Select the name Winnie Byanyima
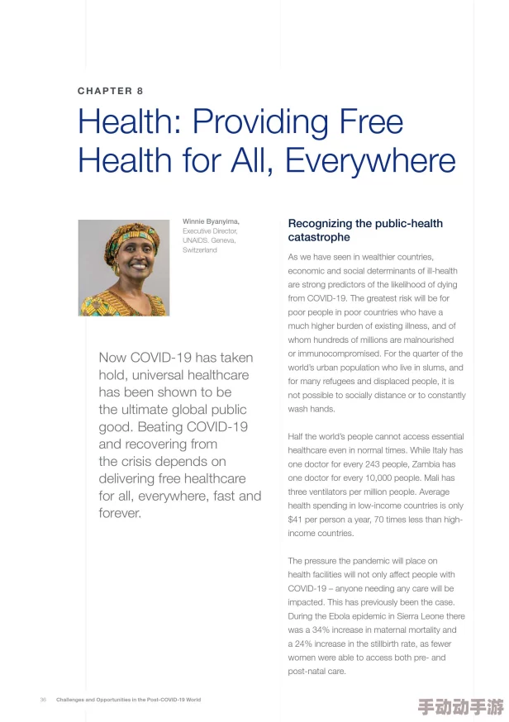(x=211, y=221)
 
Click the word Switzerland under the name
(x=199, y=249)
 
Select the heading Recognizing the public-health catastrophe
(x=364, y=230)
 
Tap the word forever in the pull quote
(x=120, y=513)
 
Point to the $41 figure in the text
(x=296, y=519)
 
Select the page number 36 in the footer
(x=43, y=699)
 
